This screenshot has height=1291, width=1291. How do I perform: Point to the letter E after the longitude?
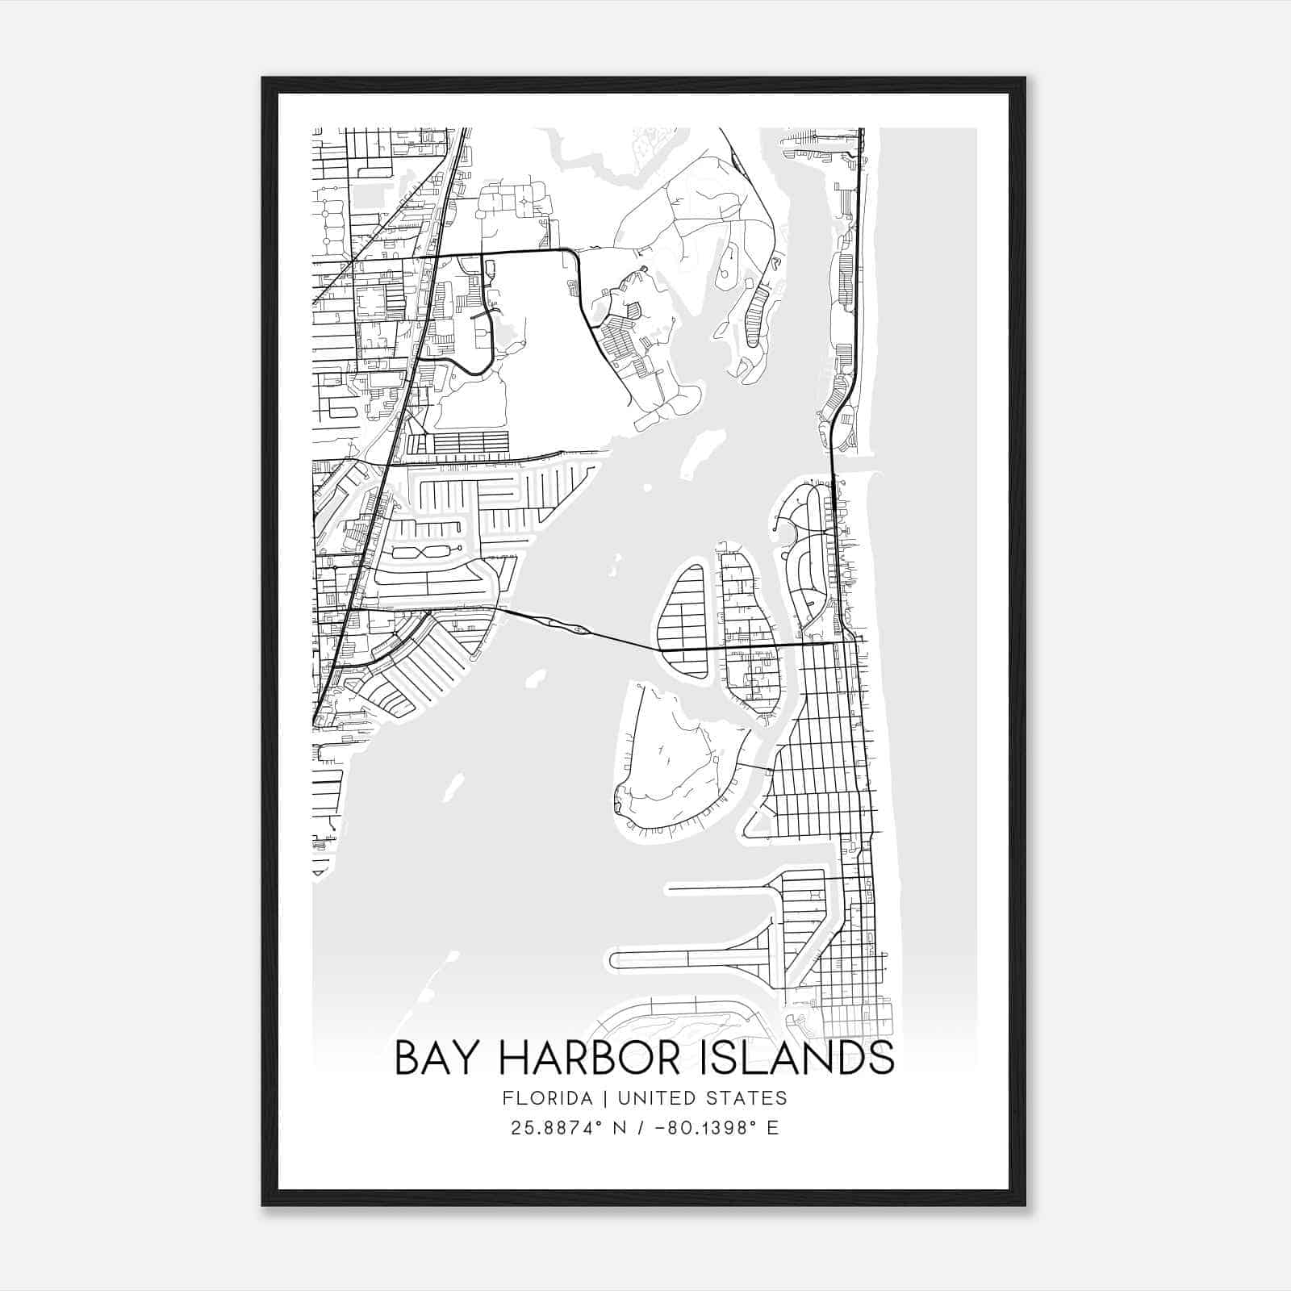click(x=773, y=1128)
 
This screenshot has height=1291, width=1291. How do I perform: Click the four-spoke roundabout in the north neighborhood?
click(x=524, y=199)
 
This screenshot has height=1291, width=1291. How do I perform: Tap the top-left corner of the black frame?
click(x=264, y=79)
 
